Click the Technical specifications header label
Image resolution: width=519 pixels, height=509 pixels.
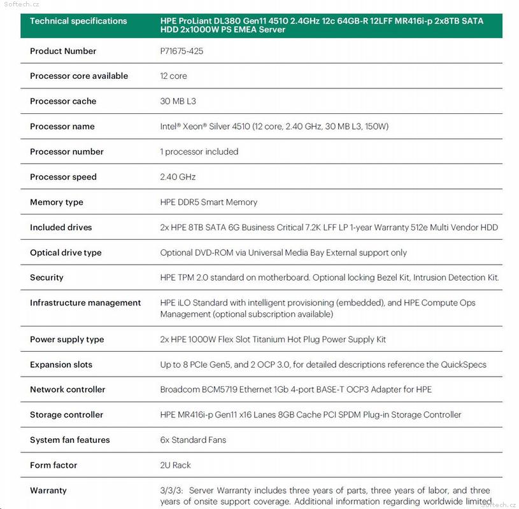click(x=78, y=21)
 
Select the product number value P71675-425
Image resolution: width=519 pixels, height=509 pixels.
click(x=181, y=51)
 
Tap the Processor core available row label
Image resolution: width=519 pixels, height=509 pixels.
click(x=79, y=76)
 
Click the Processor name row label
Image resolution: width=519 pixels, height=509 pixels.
click(x=62, y=127)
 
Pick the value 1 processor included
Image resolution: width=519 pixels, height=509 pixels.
click(x=199, y=151)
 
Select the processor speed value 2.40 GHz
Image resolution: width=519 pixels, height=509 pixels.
click(x=178, y=177)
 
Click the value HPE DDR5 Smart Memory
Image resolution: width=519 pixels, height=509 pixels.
click(x=209, y=202)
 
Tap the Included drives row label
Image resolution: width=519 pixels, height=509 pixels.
click(x=61, y=227)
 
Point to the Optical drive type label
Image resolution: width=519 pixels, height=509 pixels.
click(x=66, y=253)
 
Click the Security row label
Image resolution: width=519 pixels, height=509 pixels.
click(x=46, y=277)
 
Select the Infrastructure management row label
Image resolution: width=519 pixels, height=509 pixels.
click(x=85, y=303)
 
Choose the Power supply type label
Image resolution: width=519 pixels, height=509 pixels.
click(x=67, y=340)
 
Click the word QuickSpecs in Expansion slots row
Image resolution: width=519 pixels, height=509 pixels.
click(x=464, y=365)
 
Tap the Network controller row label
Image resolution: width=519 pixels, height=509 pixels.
click(x=68, y=389)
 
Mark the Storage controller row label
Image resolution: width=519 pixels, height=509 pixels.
click(x=66, y=415)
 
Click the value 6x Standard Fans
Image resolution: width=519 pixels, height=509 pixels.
click(x=193, y=440)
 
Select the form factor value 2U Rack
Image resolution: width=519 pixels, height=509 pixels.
click(x=175, y=465)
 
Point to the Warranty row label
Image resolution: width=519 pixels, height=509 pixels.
click(x=48, y=491)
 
